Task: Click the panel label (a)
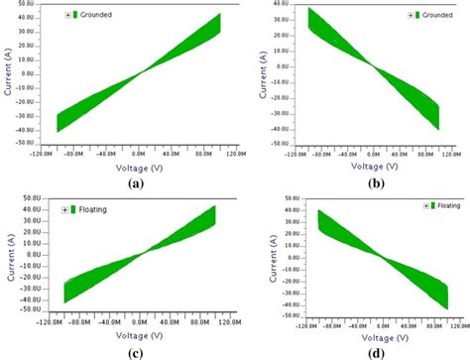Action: pyautogui.click(x=129, y=170)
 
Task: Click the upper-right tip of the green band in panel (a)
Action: pyautogui.click(x=219, y=15)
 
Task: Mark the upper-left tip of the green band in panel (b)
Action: pyautogui.click(x=310, y=8)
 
